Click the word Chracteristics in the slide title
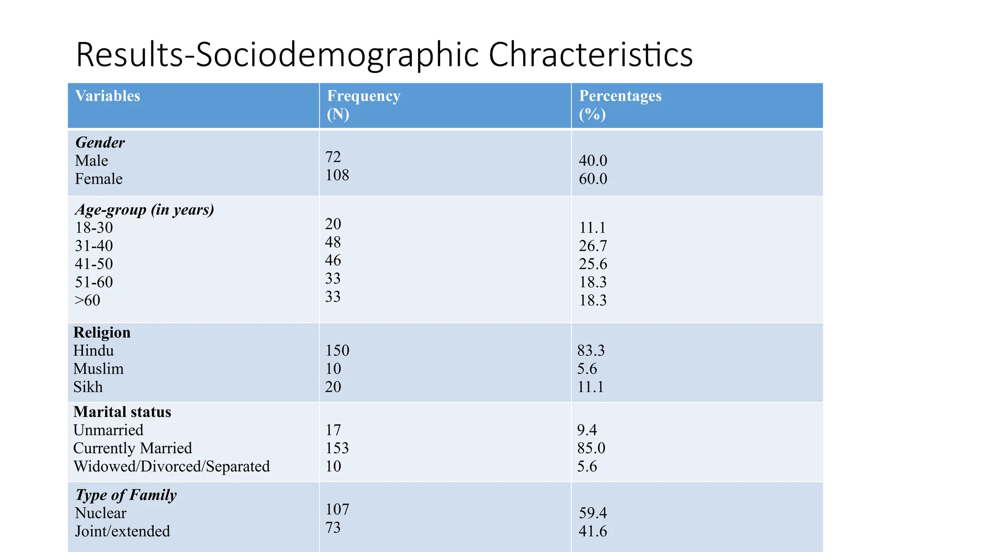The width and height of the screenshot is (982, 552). coord(591,54)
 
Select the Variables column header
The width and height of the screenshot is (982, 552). coord(107,96)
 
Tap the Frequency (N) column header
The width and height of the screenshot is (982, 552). coord(363,105)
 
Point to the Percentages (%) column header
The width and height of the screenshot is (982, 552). coord(620,105)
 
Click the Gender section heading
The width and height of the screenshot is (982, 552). coord(100,142)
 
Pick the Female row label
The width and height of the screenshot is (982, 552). coord(99,179)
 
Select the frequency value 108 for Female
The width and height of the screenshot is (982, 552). coord(337,175)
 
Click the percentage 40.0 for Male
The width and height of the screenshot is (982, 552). coord(593,161)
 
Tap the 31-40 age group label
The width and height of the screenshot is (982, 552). coord(94,246)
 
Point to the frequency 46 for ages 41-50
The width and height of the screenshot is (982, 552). coord(333,260)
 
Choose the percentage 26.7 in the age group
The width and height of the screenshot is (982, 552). coord(593,246)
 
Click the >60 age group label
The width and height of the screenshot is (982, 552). coord(88,300)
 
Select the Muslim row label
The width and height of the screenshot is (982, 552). coord(98,369)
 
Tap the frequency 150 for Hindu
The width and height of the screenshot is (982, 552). coord(338,351)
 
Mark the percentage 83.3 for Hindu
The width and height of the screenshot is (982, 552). coord(591,351)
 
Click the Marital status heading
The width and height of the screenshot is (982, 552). coord(122,412)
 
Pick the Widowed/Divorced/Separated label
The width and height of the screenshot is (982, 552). coord(172,467)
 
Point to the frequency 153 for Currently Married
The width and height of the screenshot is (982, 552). coord(337,448)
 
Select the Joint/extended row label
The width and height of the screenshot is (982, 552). coord(123,531)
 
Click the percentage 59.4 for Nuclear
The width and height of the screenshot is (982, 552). coord(593,513)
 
